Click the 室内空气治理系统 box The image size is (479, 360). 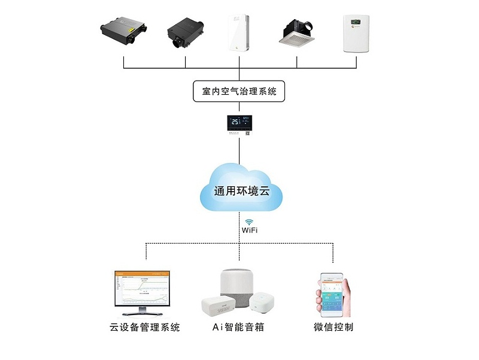tap(239, 92)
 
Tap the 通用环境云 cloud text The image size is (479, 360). tap(239, 192)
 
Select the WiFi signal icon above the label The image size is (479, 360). tap(248, 221)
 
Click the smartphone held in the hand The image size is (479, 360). tap(331, 295)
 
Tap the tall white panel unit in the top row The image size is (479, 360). tap(239, 34)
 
